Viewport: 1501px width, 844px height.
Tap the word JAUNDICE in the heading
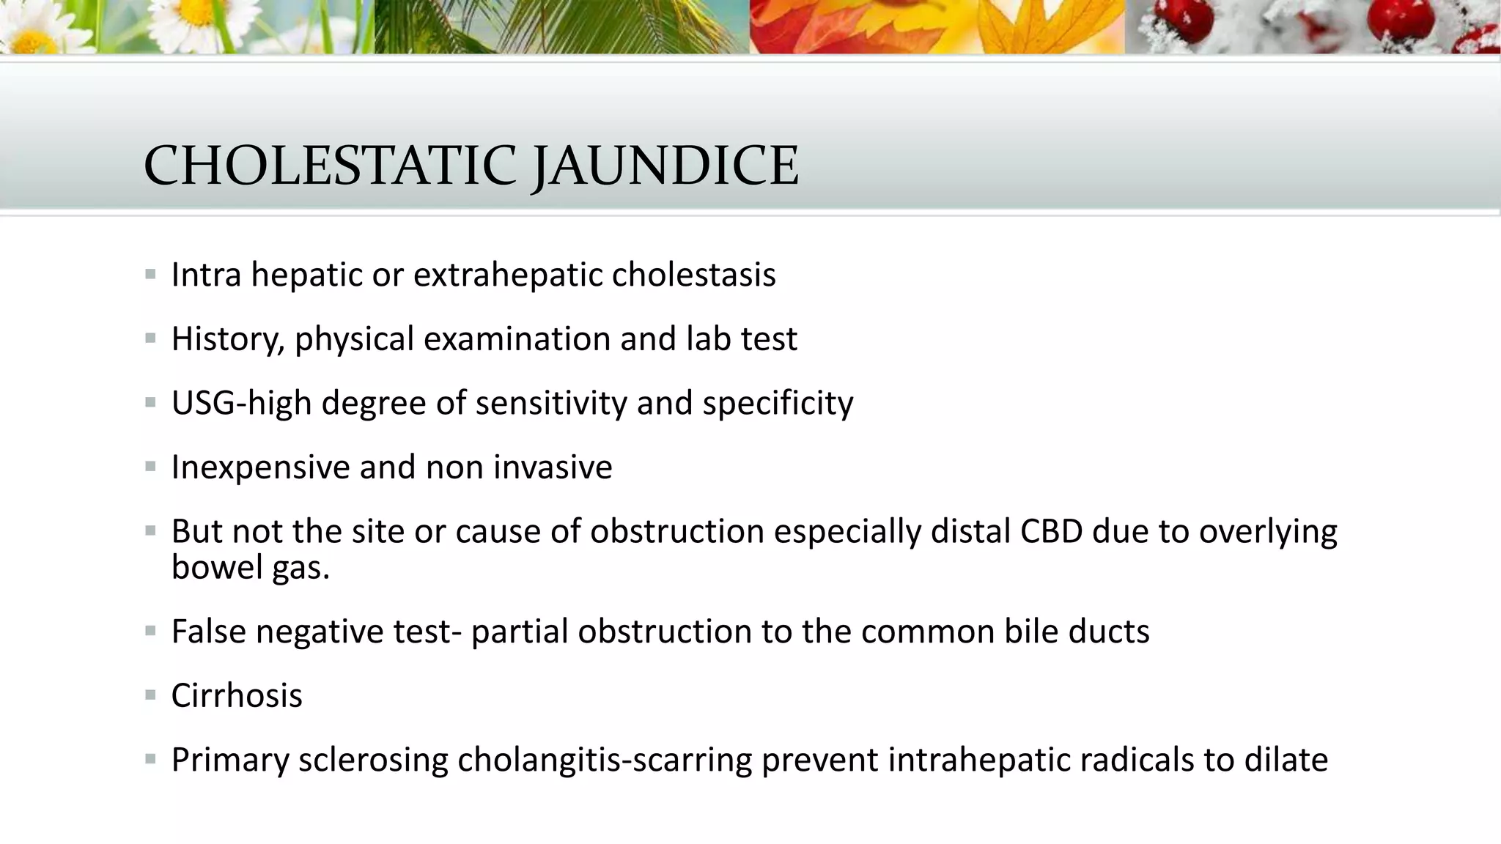click(664, 166)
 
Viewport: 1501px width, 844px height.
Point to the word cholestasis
click(693, 275)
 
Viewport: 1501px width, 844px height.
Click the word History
click(227, 339)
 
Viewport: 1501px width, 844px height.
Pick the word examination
click(517, 339)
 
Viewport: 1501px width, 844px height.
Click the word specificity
click(778, 403)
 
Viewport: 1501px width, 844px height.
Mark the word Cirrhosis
click(237, 695)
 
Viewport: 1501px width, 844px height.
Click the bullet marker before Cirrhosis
click(150, 695)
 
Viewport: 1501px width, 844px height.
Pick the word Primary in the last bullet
click(230, 760)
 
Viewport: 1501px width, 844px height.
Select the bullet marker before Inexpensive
click(150, 466)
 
